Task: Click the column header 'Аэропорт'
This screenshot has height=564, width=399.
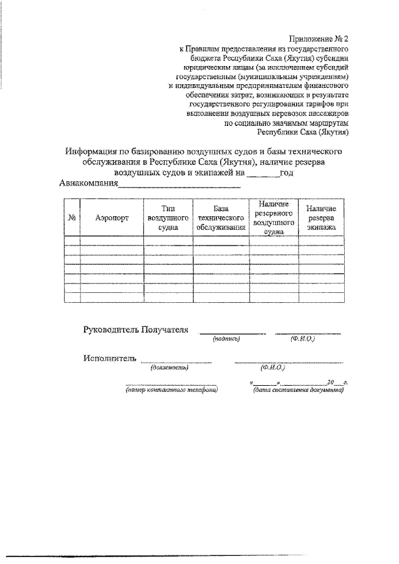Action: coord(112,219)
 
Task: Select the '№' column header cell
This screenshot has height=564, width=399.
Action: coord(72,219)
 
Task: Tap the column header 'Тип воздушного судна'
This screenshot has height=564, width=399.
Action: coord(168,218)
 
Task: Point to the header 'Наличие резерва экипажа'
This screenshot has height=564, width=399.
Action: coord(320,218)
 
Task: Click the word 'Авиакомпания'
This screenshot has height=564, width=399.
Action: coord(89,184)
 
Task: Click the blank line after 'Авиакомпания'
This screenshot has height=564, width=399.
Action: coord(179,185)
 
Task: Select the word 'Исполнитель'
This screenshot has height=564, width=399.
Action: coord(109,358)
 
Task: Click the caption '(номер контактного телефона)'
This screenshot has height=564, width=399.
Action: coord(171,390)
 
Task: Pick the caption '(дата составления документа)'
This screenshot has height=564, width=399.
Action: coord(298,390)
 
